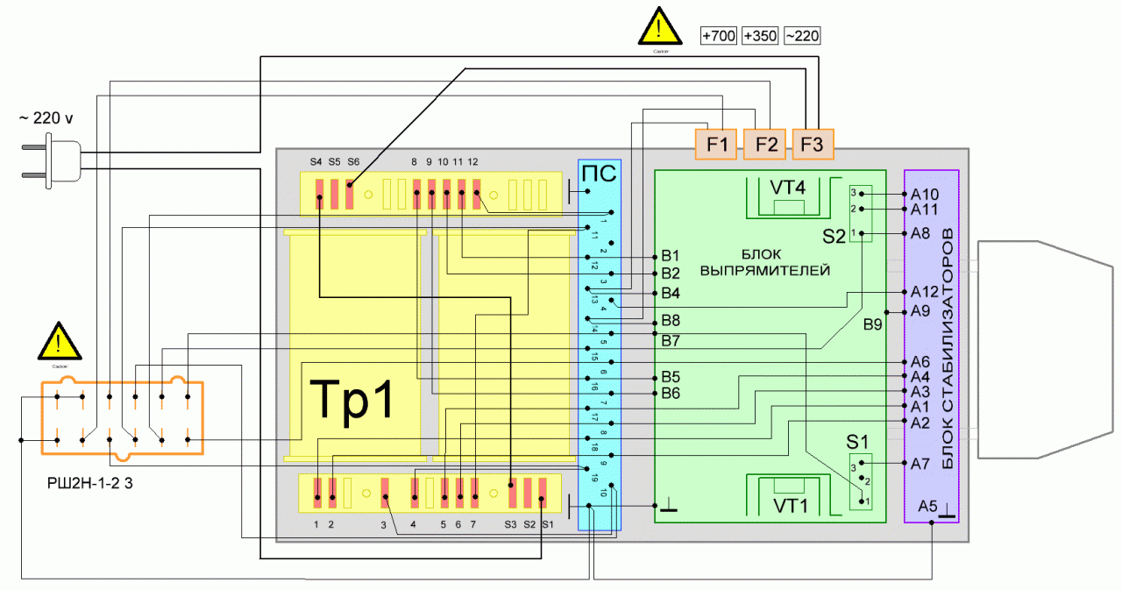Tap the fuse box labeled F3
(x=812, y=145)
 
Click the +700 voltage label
(x=719, y=36)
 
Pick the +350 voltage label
(x=760, y=36)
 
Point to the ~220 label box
(x=802, y=36)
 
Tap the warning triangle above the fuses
(x=659, y=27)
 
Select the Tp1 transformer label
(x=352, y=401)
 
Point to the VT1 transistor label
(x=790, y=505)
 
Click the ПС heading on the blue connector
(x=600, y=173)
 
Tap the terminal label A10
(x=924, y=195)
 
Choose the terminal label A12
(x=924, y=292)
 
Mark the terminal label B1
(x=671, y=257)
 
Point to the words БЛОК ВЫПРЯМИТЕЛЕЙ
(x=765, y=263)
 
